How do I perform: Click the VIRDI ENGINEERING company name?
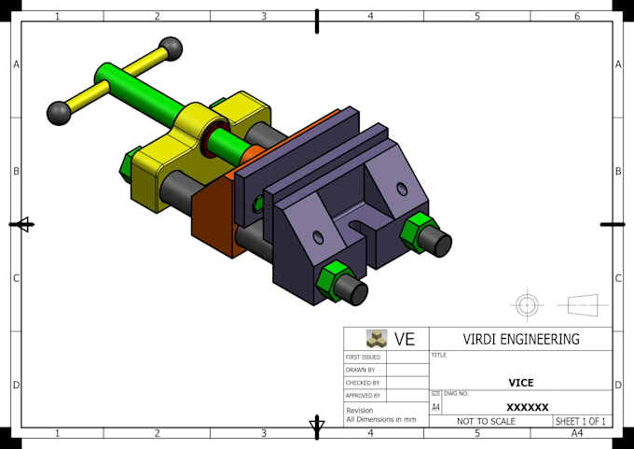click(521, 339)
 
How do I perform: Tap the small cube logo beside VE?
click(376, 339)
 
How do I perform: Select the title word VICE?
click(520, 383)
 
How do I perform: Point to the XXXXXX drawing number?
click(527, 407)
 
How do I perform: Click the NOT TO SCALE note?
click(485, 422)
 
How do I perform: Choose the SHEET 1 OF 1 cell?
click(580, 422)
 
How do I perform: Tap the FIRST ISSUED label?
click(363, 358)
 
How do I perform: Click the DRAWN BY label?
click(359, 371)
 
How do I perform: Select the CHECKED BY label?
click(362, 383)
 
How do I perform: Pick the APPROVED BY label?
click(363, 396)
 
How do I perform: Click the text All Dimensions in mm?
click(380, 420)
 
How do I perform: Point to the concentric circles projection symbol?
click(527, 304)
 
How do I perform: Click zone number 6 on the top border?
click(576, 16)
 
